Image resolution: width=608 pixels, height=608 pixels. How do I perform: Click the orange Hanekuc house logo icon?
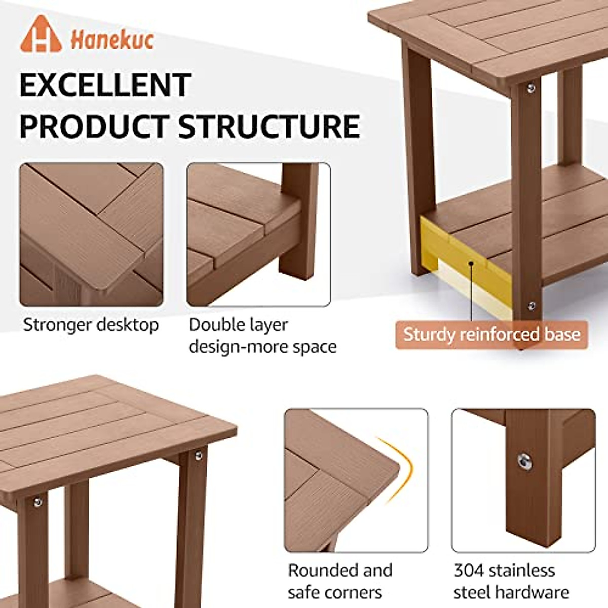click(x=41, y=35)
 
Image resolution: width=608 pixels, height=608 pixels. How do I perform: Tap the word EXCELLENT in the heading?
click(x=105, y=85)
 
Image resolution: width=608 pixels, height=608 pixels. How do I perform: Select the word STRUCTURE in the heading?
click(x=269, y=126)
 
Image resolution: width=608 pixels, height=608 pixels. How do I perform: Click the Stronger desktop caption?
click(x=91, y=325)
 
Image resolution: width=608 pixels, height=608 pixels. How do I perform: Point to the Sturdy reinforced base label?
click(x=491, y=335)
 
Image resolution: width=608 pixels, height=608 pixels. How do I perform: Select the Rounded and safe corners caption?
click(x=340, y=581)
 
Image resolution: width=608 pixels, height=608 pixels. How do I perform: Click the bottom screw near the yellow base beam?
click(x=531, y=306)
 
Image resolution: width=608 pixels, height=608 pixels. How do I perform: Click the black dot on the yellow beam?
click(x=472, y=263)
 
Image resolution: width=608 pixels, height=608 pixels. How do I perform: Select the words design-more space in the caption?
click(x=262, y=347)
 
